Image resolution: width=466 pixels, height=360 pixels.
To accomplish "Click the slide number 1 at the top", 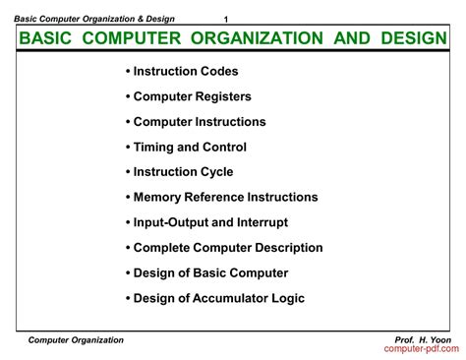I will tap(226, 21).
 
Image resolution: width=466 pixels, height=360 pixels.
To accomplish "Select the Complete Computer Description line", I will tap(224, 248).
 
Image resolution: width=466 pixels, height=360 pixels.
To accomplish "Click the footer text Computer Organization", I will tap(76, 339).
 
